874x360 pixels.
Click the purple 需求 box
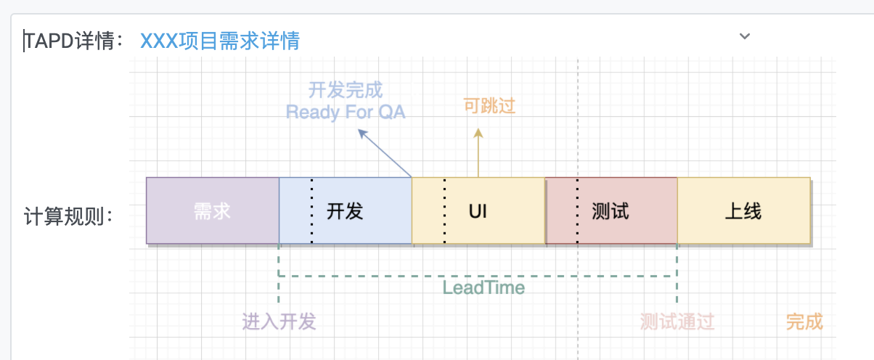point(213,210)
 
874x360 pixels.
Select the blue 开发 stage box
point(346,210)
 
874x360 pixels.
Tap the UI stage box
point(478,210)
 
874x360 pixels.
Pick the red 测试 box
point(611,210)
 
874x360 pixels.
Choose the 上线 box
point(743,210)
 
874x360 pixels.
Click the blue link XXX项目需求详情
point(220,41)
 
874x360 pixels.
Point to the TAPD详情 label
point(73,41)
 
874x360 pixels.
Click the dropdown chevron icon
point(745,36)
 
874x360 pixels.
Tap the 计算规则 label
point(68,216)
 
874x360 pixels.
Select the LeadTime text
point(483,288)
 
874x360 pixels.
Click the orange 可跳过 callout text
point(489,106)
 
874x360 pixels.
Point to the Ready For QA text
point(346,112)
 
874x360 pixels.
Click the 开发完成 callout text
point(346,90)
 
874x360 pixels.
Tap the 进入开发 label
point(279,322)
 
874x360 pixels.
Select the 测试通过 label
point(677,322)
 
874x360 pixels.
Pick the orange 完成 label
point(804,322)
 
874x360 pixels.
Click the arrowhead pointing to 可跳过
point(478,133)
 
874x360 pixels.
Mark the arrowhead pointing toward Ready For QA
point(362,134)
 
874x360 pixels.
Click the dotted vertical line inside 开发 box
point(311,210)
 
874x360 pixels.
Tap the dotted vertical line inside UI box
point(445,210)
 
